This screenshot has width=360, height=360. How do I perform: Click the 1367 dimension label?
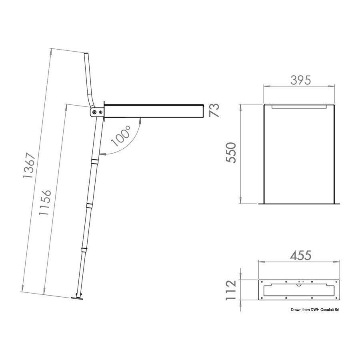tap(29, 165)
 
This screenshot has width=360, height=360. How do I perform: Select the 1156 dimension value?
tap(45, 202)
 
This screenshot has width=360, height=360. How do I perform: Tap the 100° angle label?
tap(120, 136)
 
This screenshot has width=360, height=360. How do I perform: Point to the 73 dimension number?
tap(214, 110)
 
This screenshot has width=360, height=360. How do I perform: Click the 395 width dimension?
tap(300, 80)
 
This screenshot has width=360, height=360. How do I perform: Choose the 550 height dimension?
tap(231, 153)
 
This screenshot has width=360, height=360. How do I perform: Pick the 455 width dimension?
tap(301, 255)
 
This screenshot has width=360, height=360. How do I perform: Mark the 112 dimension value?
tap(231, 290)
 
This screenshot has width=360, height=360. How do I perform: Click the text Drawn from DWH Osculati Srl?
tap(315, 310)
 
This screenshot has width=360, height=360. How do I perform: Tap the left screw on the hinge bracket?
tap(94, 112)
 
